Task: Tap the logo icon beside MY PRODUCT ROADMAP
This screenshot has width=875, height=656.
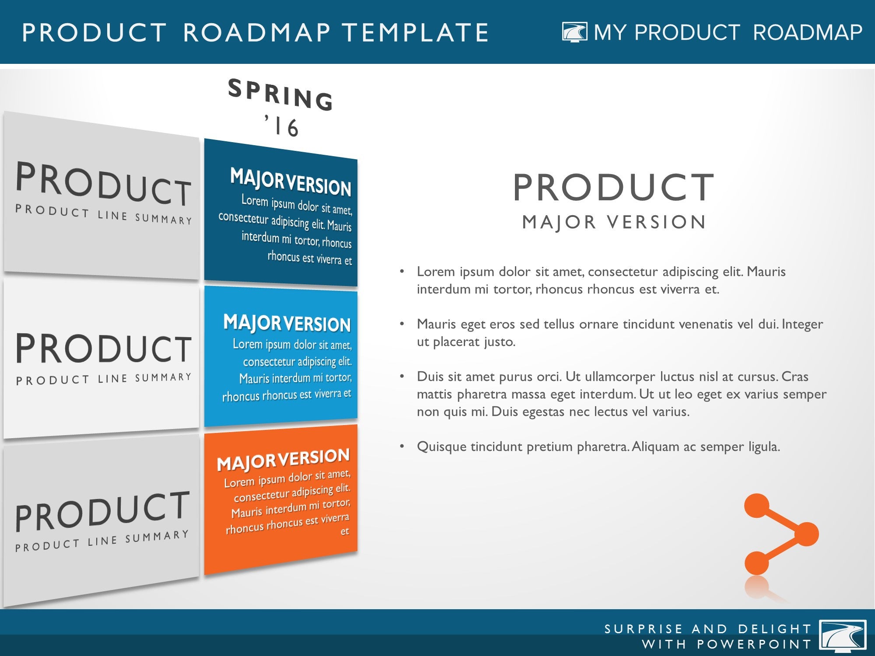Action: click(x=574, y=32)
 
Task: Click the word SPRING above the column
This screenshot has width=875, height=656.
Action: click(x=281, y=94)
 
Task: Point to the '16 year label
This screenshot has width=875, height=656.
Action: click(x=282, y=126)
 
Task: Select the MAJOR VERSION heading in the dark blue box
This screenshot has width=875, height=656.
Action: click(x=290, y=181)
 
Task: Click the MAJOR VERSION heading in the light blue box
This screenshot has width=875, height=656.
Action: click(x=287, y=323)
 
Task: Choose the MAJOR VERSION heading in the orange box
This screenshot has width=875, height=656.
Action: click(x=283, y=460)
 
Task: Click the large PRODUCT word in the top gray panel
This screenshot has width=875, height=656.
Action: click(x=104, y=184)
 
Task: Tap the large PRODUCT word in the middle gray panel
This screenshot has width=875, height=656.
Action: click(x=104, y=348)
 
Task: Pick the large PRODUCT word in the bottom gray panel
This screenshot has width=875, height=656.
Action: click(x=102, y=511)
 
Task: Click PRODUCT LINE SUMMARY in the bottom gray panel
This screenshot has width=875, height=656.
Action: click(x=102, y=541)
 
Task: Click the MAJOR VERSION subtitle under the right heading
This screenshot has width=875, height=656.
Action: click(x=614, y=222)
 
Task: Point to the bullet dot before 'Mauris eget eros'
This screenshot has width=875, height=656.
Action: click(x=402, y=324)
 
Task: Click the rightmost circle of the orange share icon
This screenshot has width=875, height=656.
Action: click(x=805, y=534)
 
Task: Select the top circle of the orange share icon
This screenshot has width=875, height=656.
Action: click(x=757, y=506)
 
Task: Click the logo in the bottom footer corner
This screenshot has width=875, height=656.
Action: click(x=843, y=636)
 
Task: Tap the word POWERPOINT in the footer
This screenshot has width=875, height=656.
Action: click(x=754, y=644)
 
